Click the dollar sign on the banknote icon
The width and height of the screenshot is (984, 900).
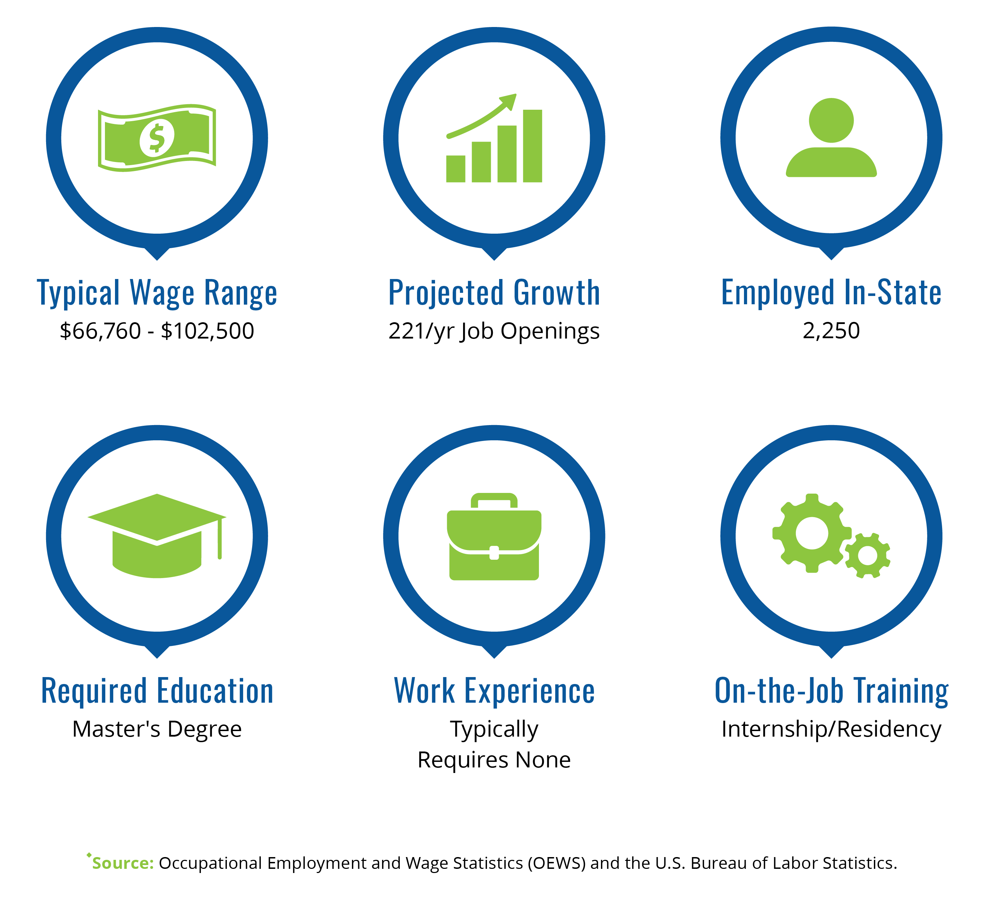(156, 138)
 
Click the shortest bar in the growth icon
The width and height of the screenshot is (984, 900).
(455, 169)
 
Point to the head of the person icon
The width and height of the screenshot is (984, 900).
(831, 120)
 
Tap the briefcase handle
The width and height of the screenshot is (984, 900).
(494, 501)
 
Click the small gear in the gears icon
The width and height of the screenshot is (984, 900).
(867, 556)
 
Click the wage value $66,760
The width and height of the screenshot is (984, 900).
(100, 331)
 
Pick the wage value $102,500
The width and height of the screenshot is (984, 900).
(207, 331)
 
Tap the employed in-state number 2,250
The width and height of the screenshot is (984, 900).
(831, 331)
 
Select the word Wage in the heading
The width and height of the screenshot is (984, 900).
(162, 293)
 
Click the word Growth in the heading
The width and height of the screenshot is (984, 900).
(557, 293)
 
